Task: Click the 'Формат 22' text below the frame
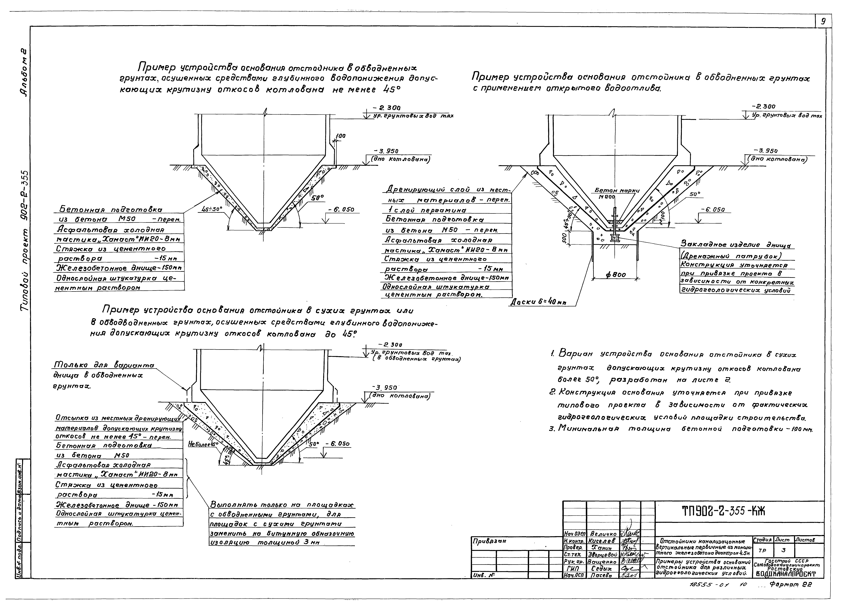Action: click(791, 585)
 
